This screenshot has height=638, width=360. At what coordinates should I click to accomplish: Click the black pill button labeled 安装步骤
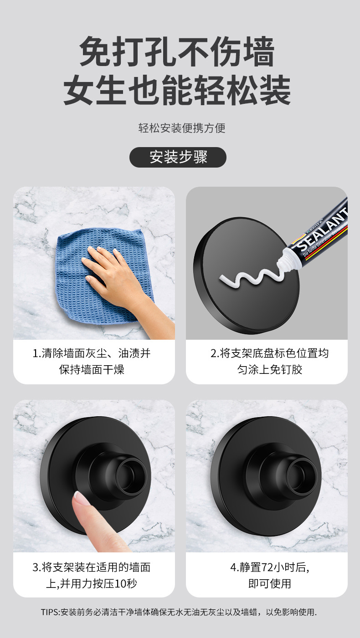(x=178, y=157)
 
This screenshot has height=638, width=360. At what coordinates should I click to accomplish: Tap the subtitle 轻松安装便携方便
(x=182, y=128)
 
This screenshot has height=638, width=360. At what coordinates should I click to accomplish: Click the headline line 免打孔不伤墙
(x=177, y=53)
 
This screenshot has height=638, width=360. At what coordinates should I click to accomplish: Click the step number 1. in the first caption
(x=37, y=353)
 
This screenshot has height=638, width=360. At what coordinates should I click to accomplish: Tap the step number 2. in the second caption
(x=215, y=353)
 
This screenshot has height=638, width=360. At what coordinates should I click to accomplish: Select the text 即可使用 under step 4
(x=269, y=583)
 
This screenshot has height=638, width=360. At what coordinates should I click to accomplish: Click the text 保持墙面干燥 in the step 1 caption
(x=92, y=369)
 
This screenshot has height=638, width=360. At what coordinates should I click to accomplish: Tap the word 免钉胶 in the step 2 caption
(x=286, y=369)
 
